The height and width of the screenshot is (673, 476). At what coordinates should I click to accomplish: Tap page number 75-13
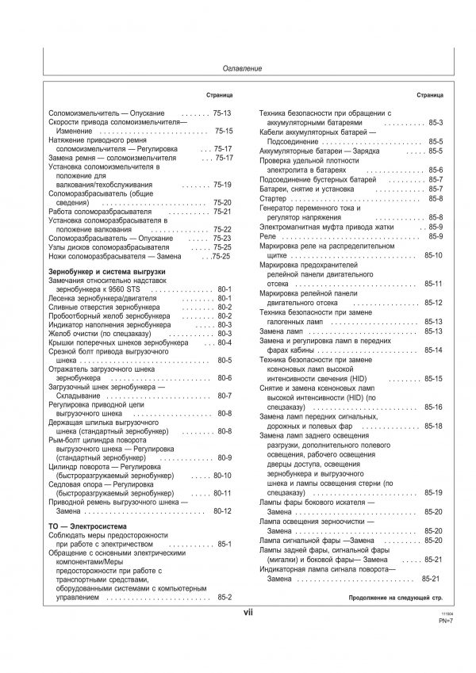222,114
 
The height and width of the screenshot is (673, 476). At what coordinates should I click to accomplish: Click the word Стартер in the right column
274,198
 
